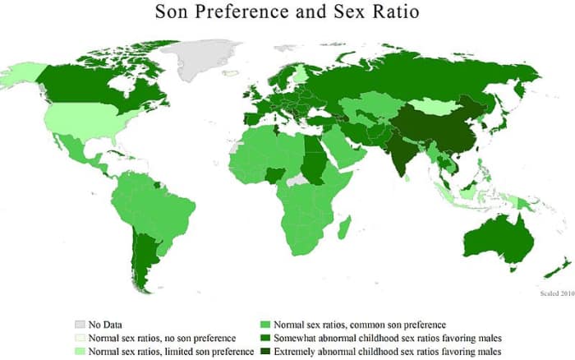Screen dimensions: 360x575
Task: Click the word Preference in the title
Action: (x=247, y=14)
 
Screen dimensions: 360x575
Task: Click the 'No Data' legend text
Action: (x=110, y=323)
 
